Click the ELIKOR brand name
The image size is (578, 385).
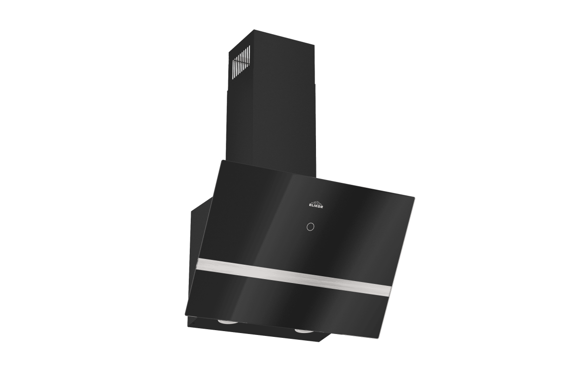[x=316, y=206]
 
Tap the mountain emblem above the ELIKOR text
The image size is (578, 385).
[x=316, y=202]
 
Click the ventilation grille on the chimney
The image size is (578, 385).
[x=242, y=63]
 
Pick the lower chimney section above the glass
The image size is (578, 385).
[x=271, y=131]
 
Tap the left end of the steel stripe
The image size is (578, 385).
[x=198, y=262]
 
